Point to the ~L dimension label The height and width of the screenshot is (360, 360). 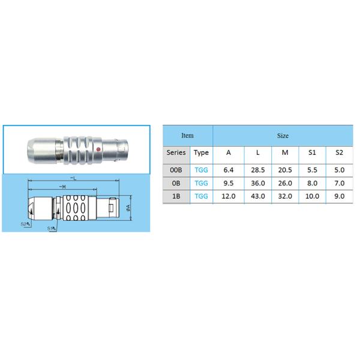tap(72, 178)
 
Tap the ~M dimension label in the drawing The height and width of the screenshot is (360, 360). tap(62, 187)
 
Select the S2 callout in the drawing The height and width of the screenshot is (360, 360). tap(25, 224)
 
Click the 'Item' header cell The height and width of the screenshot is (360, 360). tap(188, 136)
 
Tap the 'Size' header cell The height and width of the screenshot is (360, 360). tap(283, 136)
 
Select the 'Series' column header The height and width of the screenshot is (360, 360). tap(176, 152)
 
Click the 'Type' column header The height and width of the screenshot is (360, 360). tap(201, 152)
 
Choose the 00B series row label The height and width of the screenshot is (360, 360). tap(176, 169)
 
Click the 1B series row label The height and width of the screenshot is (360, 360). tap(176, 196)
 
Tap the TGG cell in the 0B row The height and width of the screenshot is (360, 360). tap(201, 182)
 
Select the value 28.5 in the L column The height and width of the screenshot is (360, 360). tap(257, 169)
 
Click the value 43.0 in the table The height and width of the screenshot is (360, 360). tap(257, 196)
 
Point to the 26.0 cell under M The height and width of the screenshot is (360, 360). tap(284, 182)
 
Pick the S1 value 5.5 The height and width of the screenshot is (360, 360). tap(312, 169)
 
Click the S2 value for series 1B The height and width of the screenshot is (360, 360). tap(339, 196)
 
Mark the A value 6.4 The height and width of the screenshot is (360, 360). tap(229, 169)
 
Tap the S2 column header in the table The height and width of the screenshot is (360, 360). tap(339, 152)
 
